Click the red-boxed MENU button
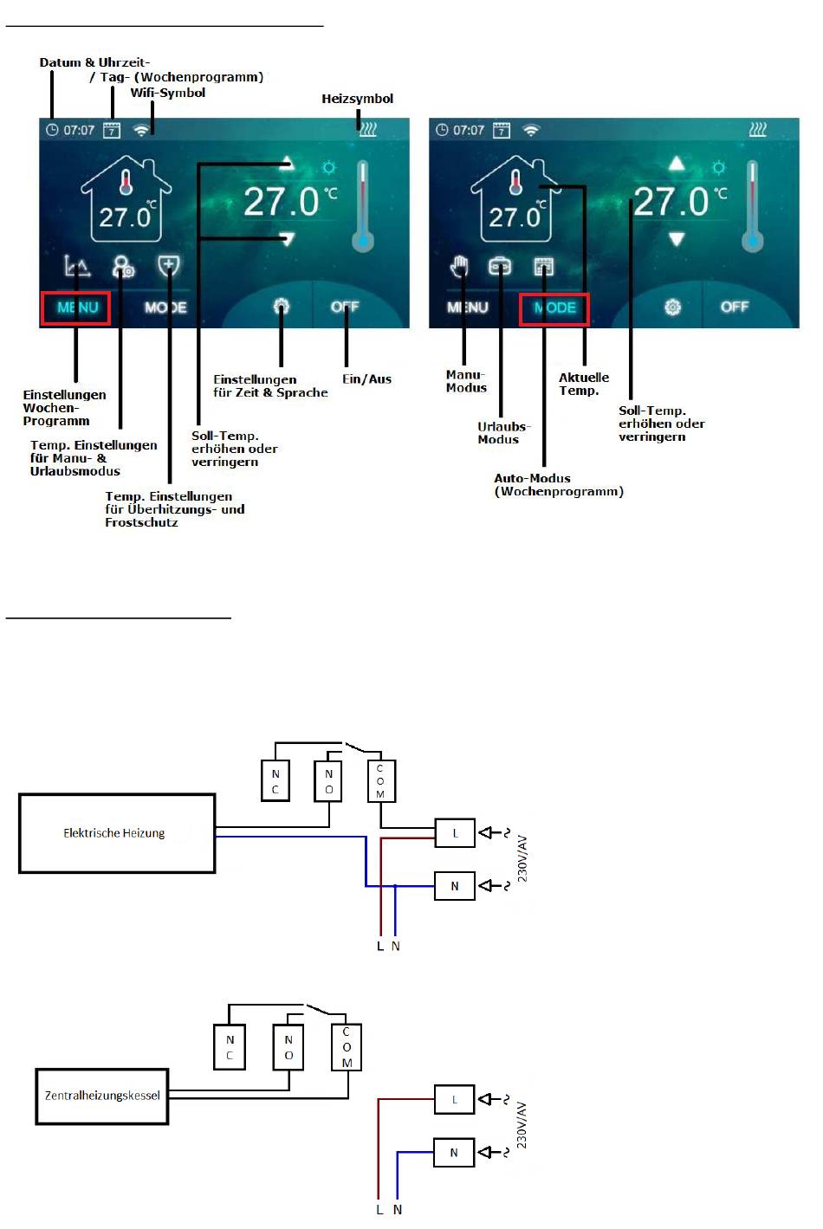(x=75, y=307)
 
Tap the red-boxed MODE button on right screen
(x=554, y=308)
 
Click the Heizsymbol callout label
(x=357, y=99)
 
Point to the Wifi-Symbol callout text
(x=168, y=93)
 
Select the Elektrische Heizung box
(x=117, y=833)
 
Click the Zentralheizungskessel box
(x=102, y=1096)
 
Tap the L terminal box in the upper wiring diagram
(x=455, y=833)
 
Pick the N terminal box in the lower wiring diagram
(x=454, y=1153)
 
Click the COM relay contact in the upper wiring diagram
(x=380, y=781)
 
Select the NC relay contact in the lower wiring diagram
(x=230, y=1047)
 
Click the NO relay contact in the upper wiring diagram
(x=328, y=781)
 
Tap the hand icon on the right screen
(x=459, y=265)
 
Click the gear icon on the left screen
(x=281, y=307)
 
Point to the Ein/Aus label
(x=366, y=379)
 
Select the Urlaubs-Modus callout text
(x=503, y=432)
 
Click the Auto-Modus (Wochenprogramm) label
(x=558, y=485)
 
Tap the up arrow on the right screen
(x=677, y=163)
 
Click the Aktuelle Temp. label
(x=583, y=384)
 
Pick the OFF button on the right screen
(x=734, y=307)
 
